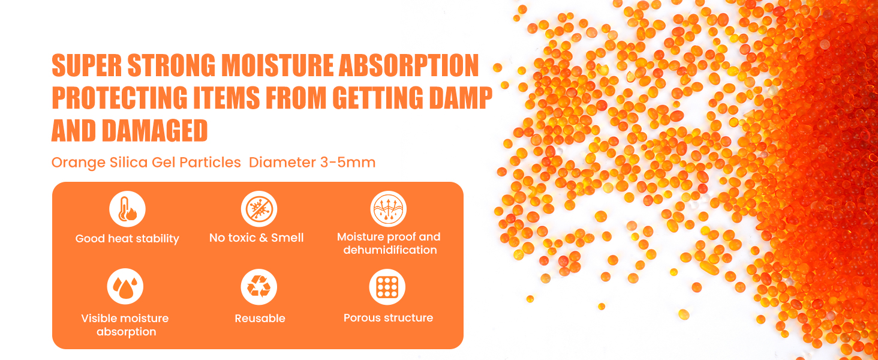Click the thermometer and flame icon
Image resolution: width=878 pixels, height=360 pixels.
[x=127, y=209]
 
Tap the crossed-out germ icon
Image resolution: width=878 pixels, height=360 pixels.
[x=258, y=209]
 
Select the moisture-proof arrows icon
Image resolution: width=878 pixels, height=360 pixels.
[x=389, y=209]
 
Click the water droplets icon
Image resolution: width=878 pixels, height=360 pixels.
[x=125, y=286]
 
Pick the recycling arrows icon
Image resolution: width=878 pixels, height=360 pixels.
[x=258, y=287]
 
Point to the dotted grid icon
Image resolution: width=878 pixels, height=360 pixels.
[x=387, y=287]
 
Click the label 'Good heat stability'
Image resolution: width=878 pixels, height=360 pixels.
[x=127, y=238]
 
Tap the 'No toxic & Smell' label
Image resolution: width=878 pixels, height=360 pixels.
[x=256, y=238]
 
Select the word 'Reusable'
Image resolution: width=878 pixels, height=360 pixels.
[x=260, y=318]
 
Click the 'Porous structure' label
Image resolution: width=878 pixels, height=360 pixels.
[x=389, y=317]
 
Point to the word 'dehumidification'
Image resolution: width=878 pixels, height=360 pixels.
[x=390, y=250]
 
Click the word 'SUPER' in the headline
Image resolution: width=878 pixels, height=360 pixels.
[x=87, y=65]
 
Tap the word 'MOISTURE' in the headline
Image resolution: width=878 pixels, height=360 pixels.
[x=277, y=65]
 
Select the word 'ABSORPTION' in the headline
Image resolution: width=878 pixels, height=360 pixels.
[x=408, y=65]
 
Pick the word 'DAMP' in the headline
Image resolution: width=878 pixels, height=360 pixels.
[x=461, y=97]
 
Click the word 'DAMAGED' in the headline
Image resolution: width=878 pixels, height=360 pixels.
[x=155, y=130]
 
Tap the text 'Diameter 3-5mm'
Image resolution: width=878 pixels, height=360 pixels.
[x=312, y=163]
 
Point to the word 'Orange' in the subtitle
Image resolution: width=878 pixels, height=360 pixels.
[x=79, y=163]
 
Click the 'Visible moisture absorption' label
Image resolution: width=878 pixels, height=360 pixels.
[x=125, y=325]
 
